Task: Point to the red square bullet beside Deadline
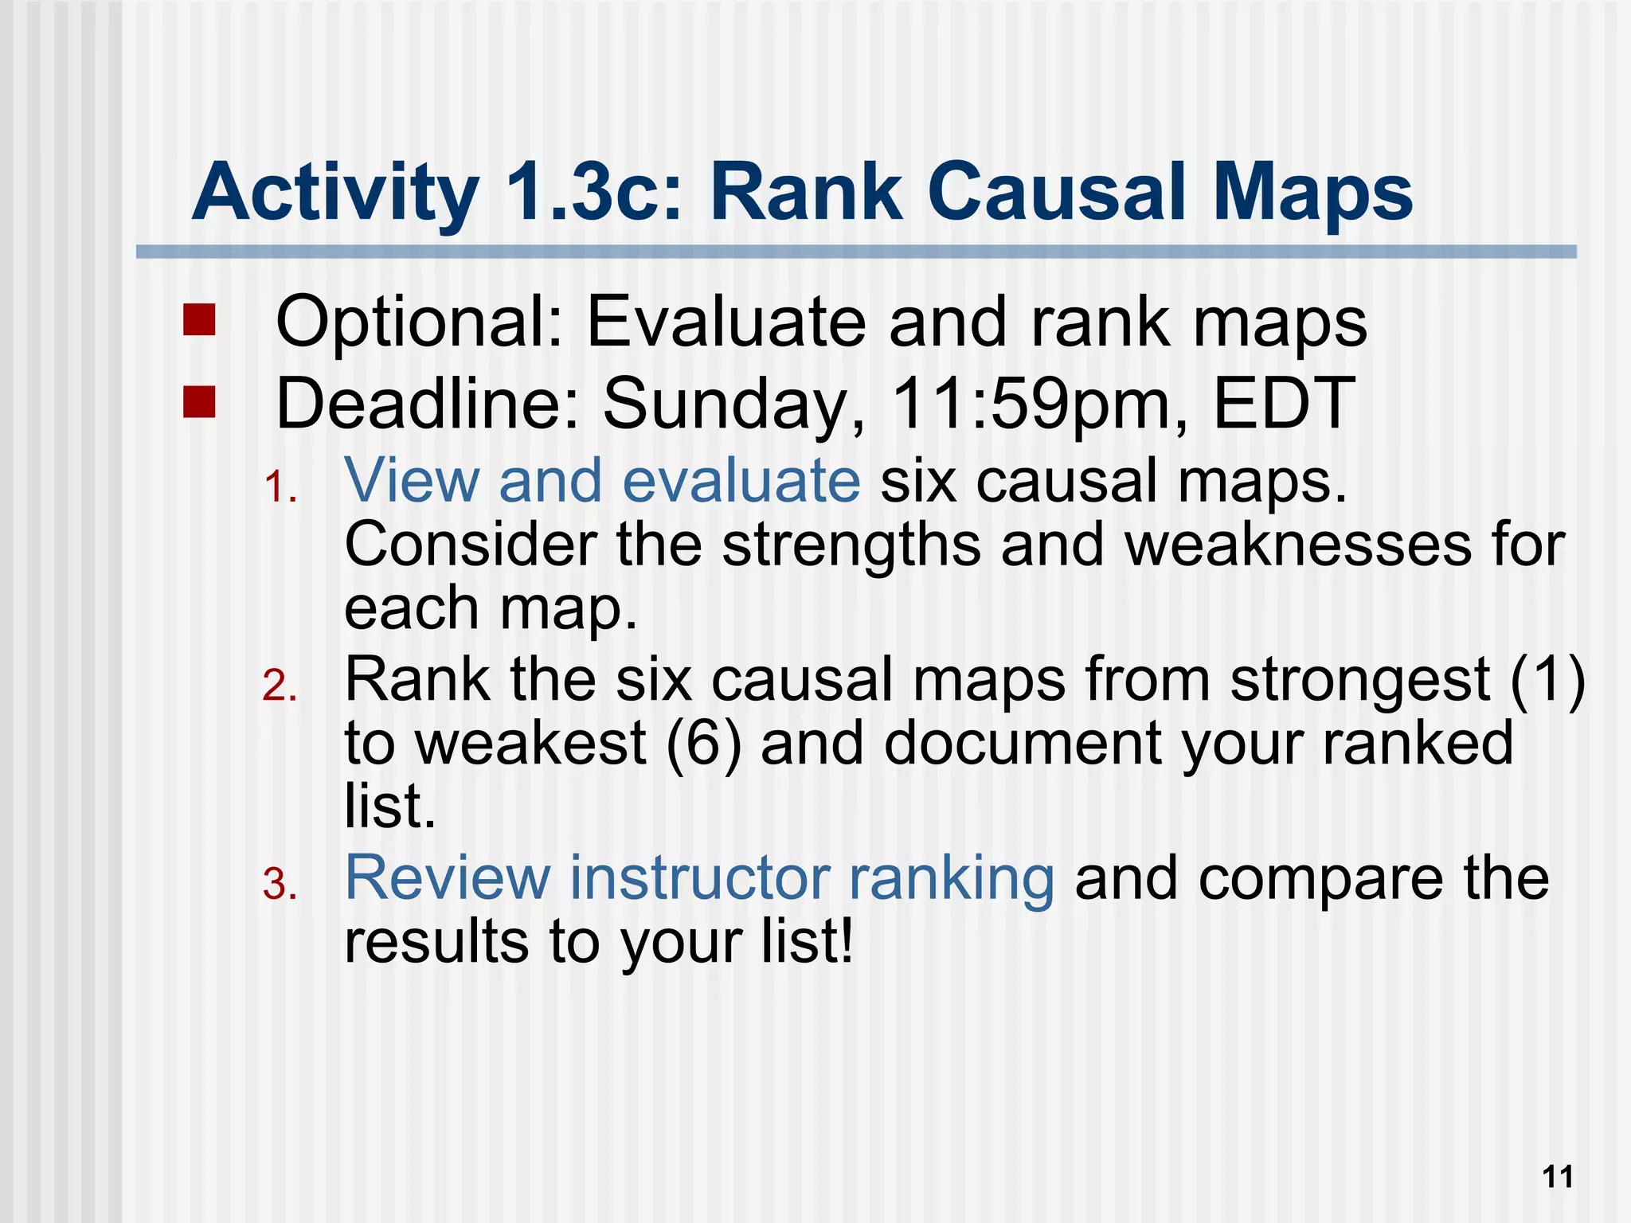[198, 401]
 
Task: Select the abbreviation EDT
[1283, 403]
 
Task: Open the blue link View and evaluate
[602, 481]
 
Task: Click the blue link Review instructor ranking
[699, 877]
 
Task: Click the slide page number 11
[1558, 1177]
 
